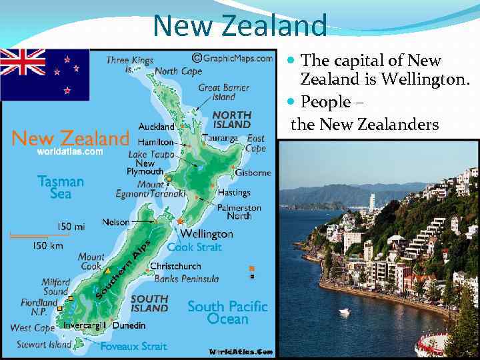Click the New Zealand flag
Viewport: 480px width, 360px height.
click(x=45, y=74)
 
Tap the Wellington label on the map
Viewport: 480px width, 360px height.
click(x=207, y=234)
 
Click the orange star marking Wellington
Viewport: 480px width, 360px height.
click(x=180, y=221)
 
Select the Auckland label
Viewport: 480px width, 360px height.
click(x=157, y=127)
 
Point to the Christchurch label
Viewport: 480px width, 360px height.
click(x=175, y=266)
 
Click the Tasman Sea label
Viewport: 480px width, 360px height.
click(x=61, y=187)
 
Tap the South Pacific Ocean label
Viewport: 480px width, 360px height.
click(x=227, y=313)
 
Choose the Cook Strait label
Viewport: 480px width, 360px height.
click(x=195, y=247)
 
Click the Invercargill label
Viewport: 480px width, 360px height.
click(x=85, y=325)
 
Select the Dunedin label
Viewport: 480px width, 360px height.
click(x=129, y=325)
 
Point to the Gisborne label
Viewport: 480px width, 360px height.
click(x=253, y=173)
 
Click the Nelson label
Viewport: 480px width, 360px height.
click(x=115, y=222)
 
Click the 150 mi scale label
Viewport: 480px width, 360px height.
click(x=71, y=227)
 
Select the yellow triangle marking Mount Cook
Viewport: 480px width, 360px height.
click(x=107, y=271)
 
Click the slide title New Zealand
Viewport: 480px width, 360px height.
click(x=240, y=25)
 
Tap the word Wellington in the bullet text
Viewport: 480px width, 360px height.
click(x=425, y=80)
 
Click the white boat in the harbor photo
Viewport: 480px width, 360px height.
click(x=344, y=311)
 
